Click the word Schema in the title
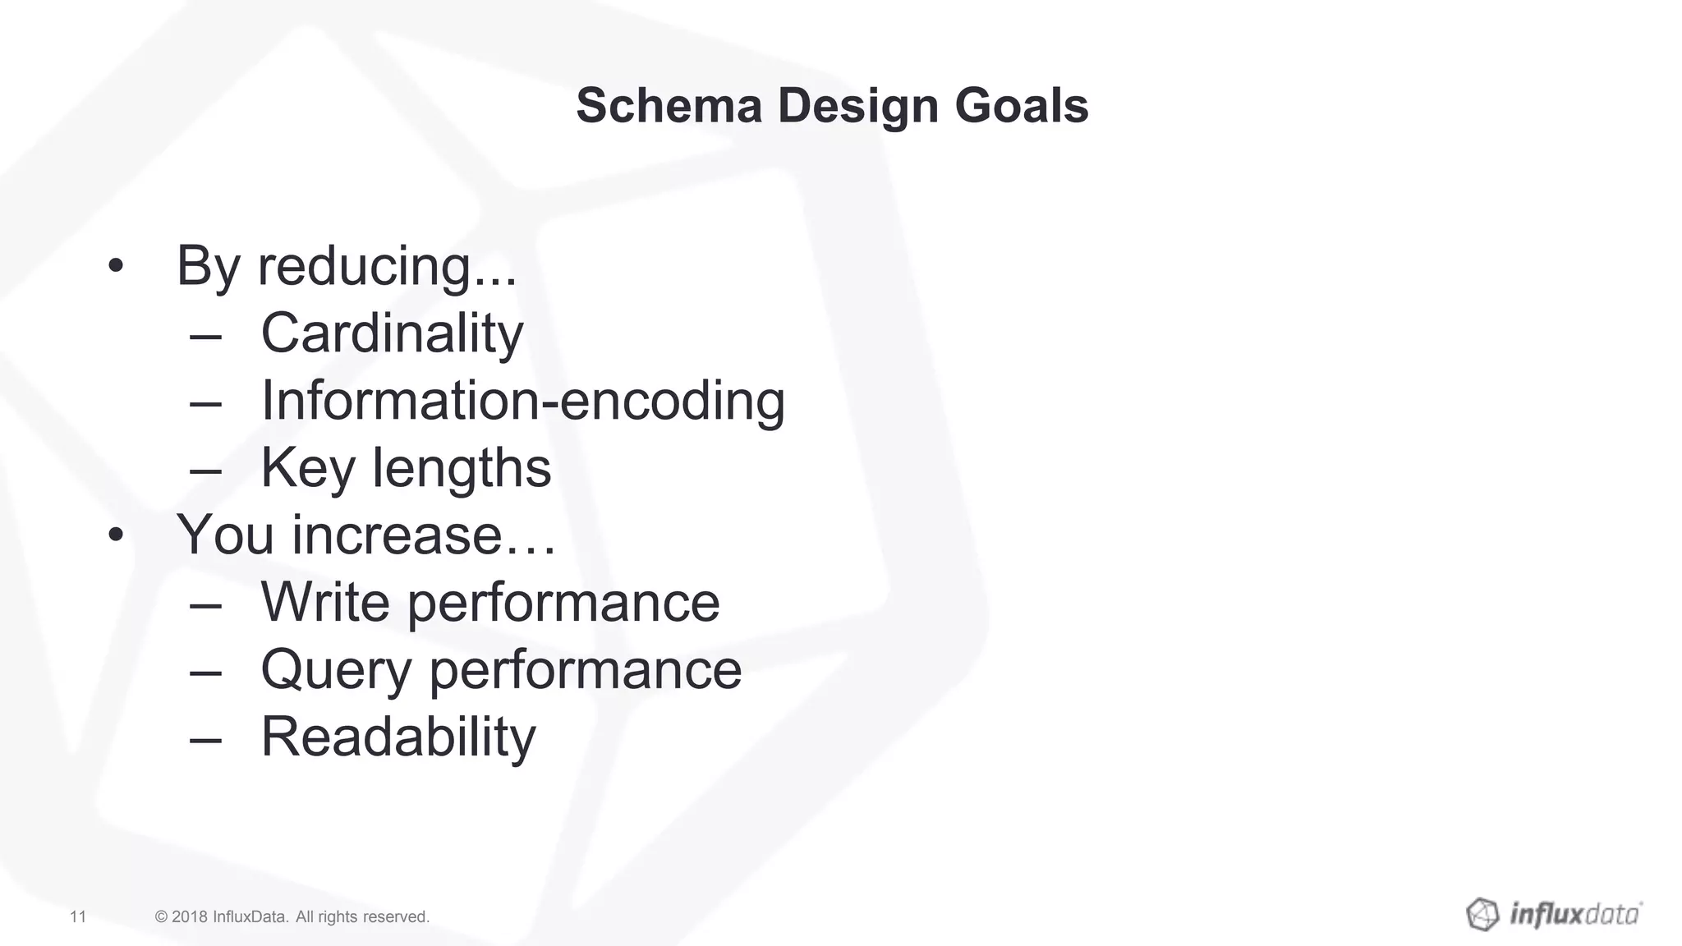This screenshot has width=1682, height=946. coord(669,106)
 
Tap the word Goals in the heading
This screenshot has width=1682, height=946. coord(1021,106)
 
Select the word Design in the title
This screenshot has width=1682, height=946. coord(857,108)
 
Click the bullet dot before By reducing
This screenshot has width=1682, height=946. coord(116,266)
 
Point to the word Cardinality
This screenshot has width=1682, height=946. coord(392,333)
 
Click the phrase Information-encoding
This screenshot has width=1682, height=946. coord(522,401)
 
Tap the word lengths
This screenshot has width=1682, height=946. coord(462,468)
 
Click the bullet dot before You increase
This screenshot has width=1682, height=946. coord(116,535)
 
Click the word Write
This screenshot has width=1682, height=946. coord(325,603)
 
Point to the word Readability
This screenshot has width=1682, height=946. coord(398,737)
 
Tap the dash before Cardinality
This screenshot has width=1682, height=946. coord(205,335)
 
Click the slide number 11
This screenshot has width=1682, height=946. coord(78,916)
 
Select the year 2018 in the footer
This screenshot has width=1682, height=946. coord(190,916)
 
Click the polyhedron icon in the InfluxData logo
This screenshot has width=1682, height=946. coord(1482,914)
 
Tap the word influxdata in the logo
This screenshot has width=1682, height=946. coord(1574,914)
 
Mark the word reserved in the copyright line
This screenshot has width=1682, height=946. coord(396,916)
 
